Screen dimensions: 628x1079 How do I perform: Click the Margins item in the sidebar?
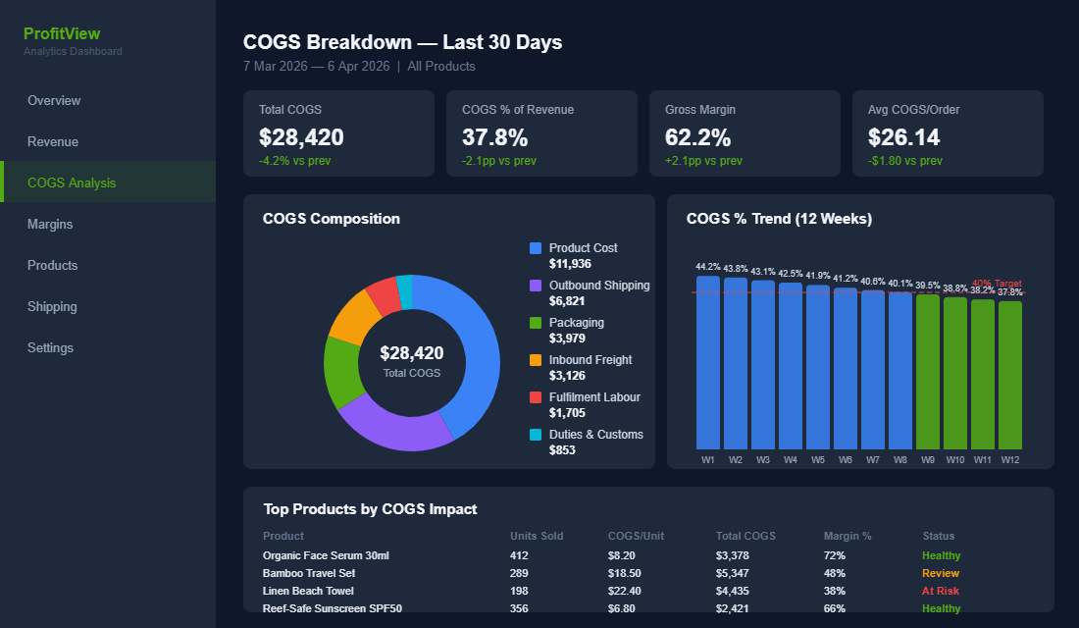coord(50,224)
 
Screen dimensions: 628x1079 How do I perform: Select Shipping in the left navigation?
coord(52,306)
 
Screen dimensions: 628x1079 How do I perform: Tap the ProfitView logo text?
coord(62,33)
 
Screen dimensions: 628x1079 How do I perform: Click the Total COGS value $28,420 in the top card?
coord(301,137)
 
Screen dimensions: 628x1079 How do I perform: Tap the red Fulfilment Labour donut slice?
coord(384,295)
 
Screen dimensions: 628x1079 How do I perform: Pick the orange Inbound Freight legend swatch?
coord(536,360)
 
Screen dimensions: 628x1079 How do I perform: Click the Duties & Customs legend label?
coord(595,435)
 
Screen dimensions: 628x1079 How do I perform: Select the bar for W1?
coord(708,362)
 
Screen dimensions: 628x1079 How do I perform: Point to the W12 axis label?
coord(1010,459)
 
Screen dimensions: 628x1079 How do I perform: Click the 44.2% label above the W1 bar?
coord(708,267)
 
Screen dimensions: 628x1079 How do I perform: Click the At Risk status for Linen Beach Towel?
coord(941,591)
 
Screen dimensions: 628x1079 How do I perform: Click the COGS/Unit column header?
coord(636,536)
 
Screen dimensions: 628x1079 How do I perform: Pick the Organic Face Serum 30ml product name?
coord(326,555)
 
